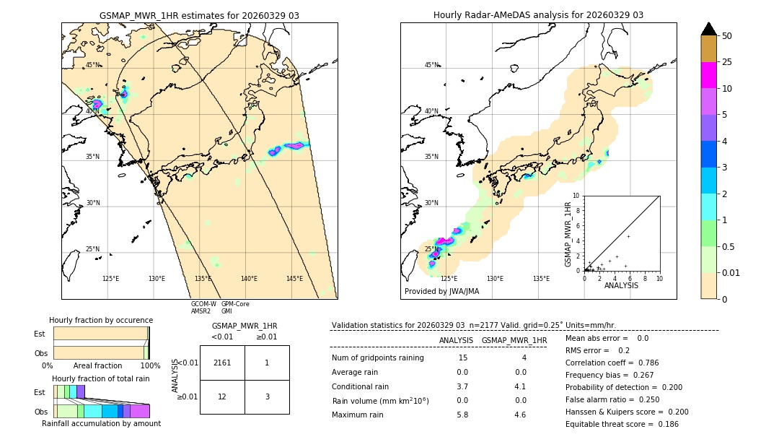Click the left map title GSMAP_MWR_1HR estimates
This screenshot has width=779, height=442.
point(199,15)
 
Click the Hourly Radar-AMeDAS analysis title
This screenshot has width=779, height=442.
point(538,15)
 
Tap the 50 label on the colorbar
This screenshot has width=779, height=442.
point(727,36)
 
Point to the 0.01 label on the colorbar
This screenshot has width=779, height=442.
point(731,272)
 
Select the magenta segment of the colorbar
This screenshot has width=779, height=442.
point(709,75)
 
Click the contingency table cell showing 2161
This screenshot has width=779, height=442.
point(222,363)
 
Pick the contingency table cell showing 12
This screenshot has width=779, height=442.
point(222,396)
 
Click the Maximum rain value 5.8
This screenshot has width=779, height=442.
point(462,415)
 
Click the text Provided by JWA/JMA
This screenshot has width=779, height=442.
point(441,292)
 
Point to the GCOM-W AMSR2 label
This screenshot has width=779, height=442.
point(203,308)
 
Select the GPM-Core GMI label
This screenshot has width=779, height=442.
point(235,308)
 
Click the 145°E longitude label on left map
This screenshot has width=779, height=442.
point(294,279)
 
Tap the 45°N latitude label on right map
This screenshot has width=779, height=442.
point(431,65)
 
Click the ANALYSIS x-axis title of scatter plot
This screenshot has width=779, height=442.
point(621,285)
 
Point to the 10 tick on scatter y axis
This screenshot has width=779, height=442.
point(576,196)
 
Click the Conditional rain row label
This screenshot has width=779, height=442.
point(360,386)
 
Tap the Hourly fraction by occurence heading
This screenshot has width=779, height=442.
point(101,320)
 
